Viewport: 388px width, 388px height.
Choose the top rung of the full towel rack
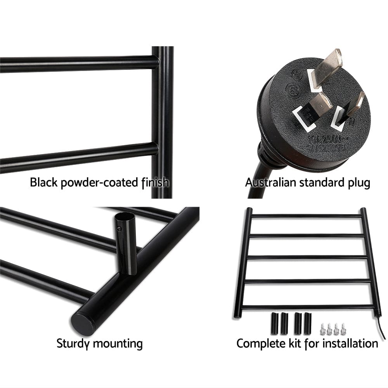pyautogui.click(x=307, y=216)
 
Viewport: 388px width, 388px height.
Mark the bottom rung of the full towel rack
pyautogui.click(x=307, y=307)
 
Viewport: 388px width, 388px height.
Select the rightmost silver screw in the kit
pyautogui.click(x=343, y=329)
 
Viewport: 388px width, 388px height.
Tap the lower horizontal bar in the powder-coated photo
pyautogui.click(x=78, y=157)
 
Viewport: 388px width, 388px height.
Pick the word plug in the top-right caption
pyautogui.click(x=358, y=182)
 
